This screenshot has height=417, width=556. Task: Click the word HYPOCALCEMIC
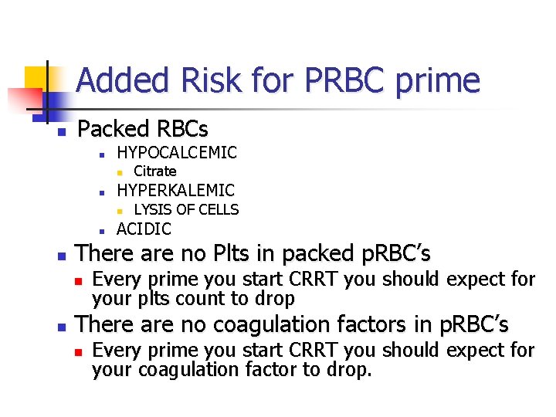click(x=177, y=152)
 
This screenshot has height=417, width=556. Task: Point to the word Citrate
click(x=155, y=171)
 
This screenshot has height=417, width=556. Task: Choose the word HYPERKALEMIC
click(x=175, y=190)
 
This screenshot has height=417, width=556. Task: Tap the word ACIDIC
click(x=144, y=229)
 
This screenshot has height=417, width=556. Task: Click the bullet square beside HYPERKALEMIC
click(x=101, y=192)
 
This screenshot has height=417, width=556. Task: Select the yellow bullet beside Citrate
click(x=119, y=172)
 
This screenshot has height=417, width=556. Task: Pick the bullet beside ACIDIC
click(x=101, y=229)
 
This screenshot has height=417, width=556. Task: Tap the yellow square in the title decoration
click(x=36, y=78)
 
